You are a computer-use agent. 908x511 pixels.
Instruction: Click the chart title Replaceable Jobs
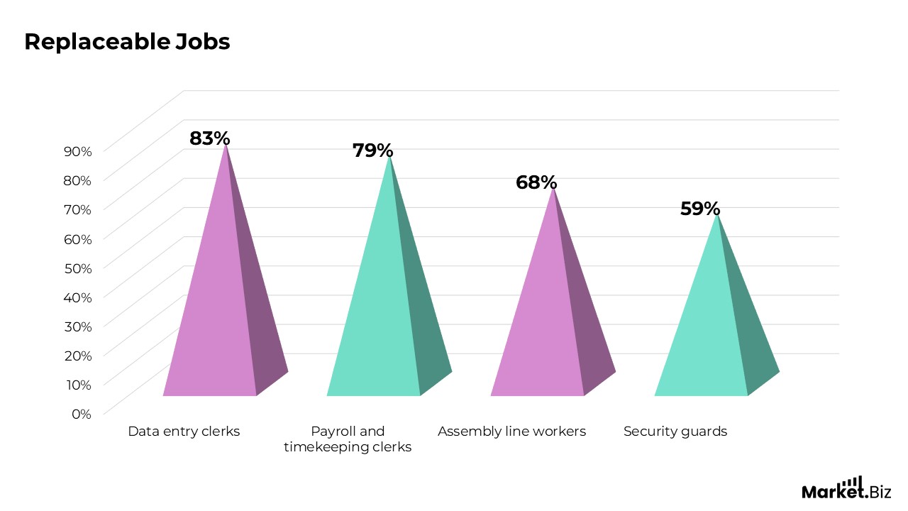tap(127, 42)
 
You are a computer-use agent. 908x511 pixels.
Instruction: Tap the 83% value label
tap(210, 138)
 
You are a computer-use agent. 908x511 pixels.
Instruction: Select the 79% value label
tap(373, 150)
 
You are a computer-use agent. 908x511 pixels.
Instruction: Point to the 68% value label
tap(536, 182)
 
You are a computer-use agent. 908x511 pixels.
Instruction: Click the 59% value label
tap(700, 209)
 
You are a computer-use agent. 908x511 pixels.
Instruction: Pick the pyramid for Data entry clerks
tap(226, 284)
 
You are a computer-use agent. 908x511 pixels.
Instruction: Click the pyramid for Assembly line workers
tap(553, 304)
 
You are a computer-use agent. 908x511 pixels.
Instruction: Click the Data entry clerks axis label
tap(184, 431)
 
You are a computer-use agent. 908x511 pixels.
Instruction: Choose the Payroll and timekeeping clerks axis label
tap(348, 439)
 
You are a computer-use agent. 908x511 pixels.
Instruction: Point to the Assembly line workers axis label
tap(512, 431)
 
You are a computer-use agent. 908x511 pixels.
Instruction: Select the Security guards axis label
tap(675, 431)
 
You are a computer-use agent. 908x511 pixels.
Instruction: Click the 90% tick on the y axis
tap(78, 151)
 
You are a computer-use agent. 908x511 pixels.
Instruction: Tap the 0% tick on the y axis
tap(82, 414)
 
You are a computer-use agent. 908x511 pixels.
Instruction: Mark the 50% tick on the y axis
tap(78, 268)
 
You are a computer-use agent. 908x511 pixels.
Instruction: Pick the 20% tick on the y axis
tap(78, 356)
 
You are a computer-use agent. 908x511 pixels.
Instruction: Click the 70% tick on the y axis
tap(78, 209)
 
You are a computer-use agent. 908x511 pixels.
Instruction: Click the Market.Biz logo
tap(846, 488)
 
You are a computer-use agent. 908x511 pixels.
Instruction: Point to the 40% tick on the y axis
tap(78, 297)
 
